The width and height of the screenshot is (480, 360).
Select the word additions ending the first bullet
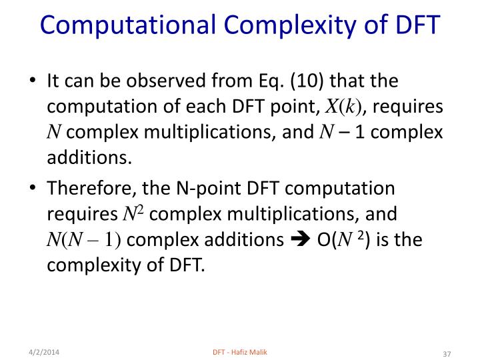pyautogui.click(x=85, y=157)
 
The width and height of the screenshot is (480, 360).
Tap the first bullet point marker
pyautogui.click(x=32, y=83)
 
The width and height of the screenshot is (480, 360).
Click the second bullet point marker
pyautogui.click(x=32, y=189)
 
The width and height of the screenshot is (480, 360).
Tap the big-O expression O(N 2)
pyautogui.click(x=345, y=239)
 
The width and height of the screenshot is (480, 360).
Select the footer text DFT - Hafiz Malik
pyautogui.click(x=239, y=351)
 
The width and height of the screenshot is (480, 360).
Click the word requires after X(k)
pyautogui.click(x=413, y=107)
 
